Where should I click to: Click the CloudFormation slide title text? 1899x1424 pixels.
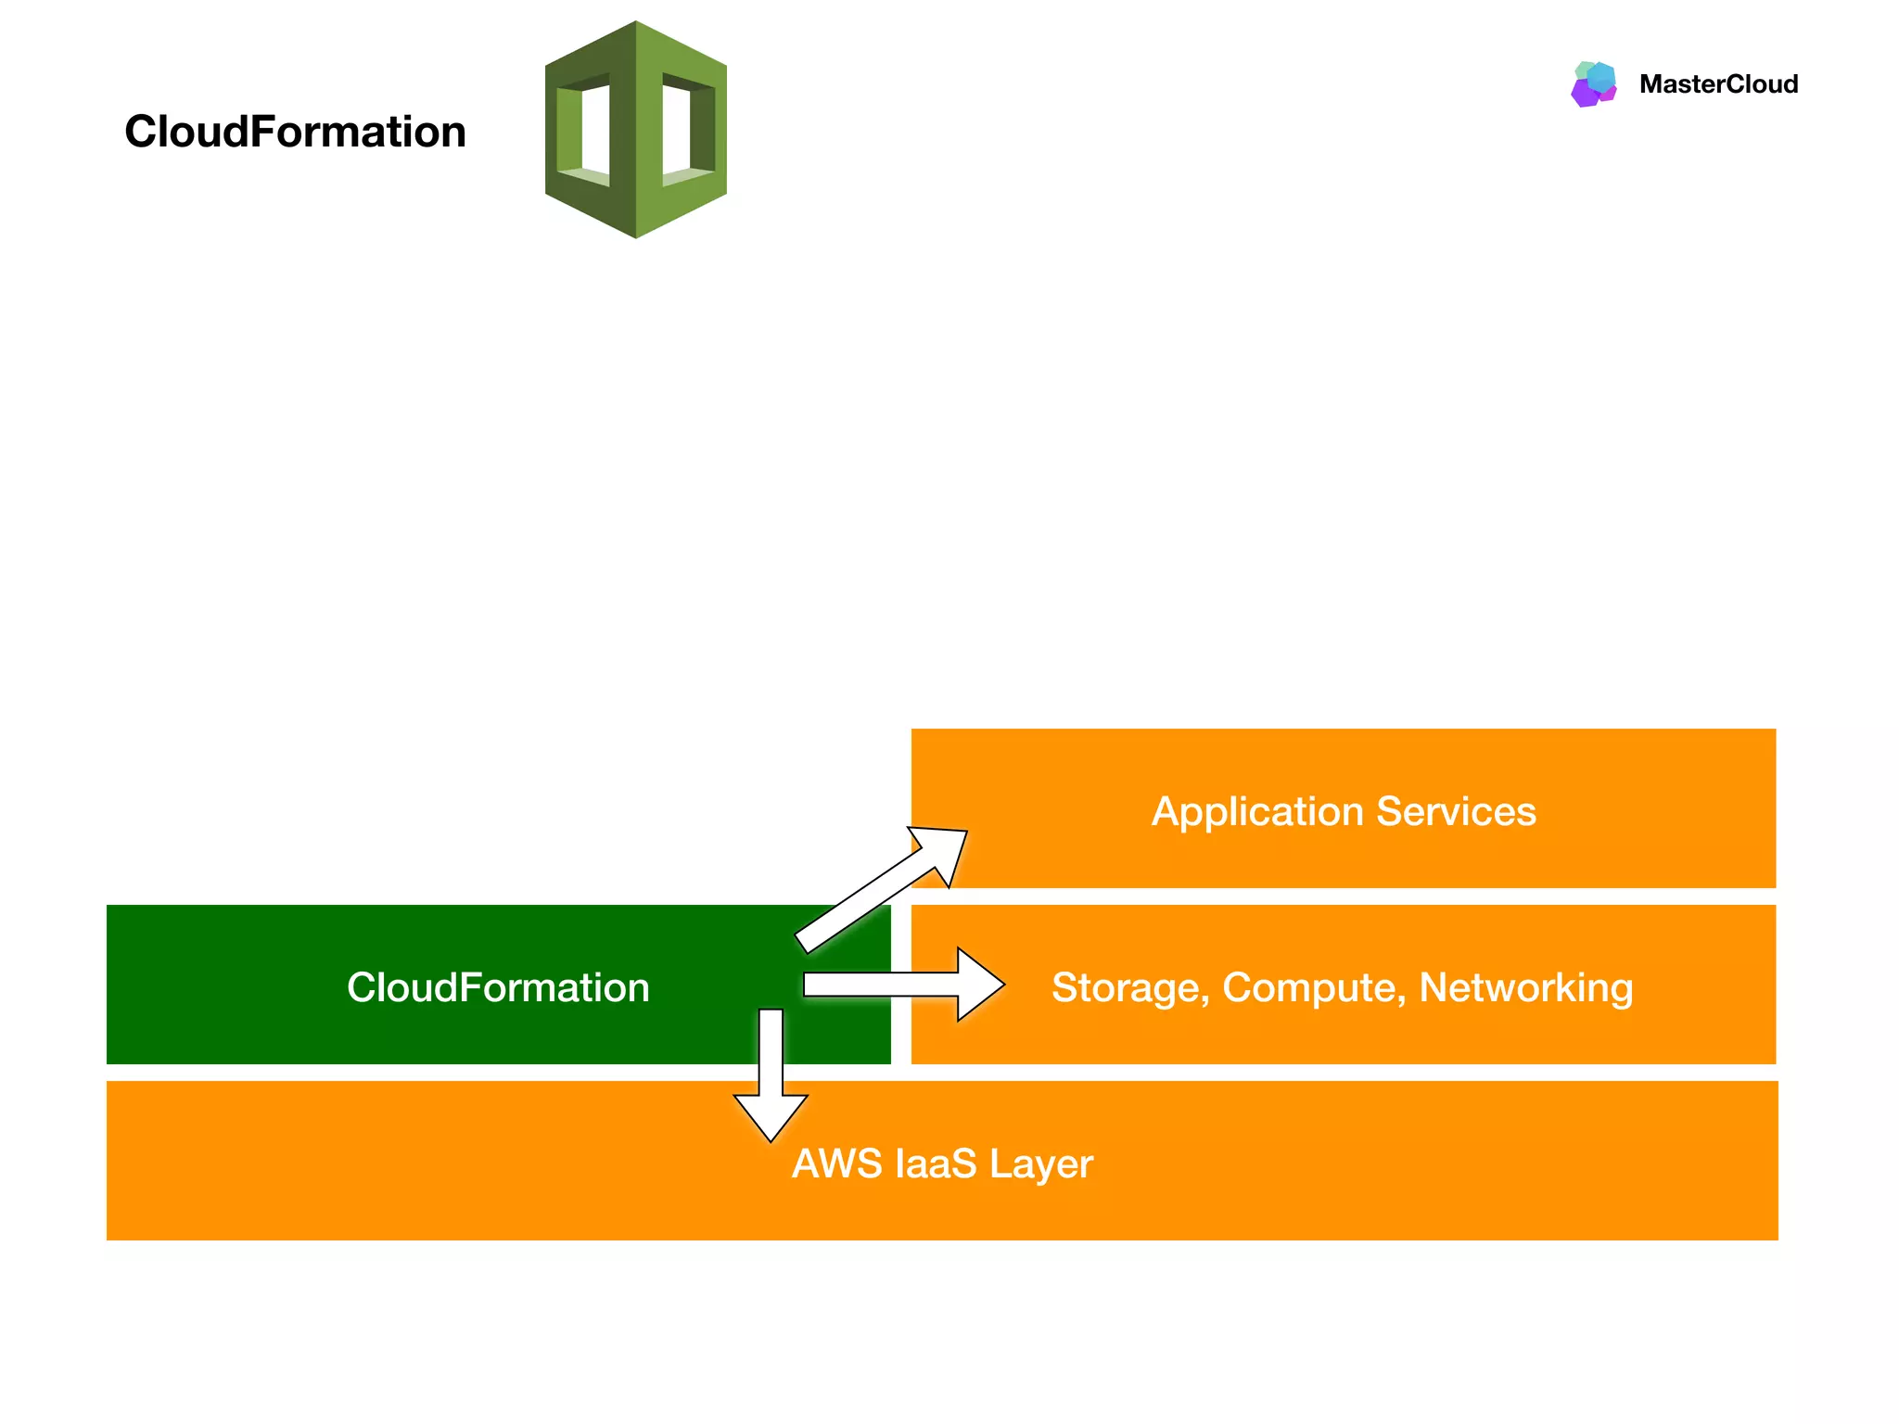coord(295,132)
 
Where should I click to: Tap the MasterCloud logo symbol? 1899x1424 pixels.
coord(1594,84)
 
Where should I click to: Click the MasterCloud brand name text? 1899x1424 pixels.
coord(1718,84)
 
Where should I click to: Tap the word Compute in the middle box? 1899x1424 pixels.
coord(1311,988)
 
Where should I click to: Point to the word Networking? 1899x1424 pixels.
coord(1525,988)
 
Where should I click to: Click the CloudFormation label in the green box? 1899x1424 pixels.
coord(498,987)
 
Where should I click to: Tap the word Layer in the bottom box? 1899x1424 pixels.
coord(1041,1163)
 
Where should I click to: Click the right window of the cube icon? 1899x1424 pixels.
coord(686,130)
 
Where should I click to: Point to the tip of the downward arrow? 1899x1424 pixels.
coord(771,1138)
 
